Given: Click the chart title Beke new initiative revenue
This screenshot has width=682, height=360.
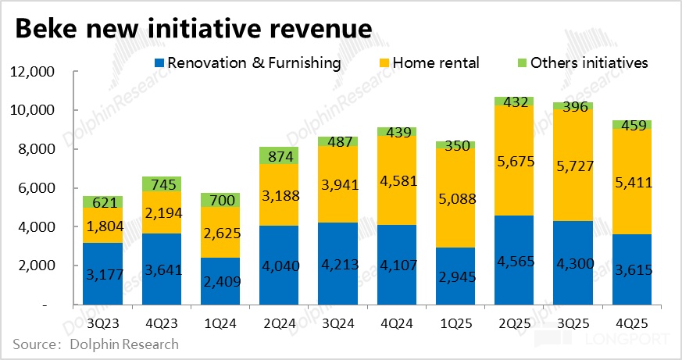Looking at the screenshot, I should pos(192,30).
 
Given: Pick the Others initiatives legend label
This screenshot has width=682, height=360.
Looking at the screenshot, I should pos(589,62).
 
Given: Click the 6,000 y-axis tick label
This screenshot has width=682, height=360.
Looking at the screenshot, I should pos(32,188).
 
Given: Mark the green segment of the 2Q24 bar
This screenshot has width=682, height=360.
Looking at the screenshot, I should pos(278,155).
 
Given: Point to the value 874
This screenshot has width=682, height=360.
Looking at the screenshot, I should pos(278,155).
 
